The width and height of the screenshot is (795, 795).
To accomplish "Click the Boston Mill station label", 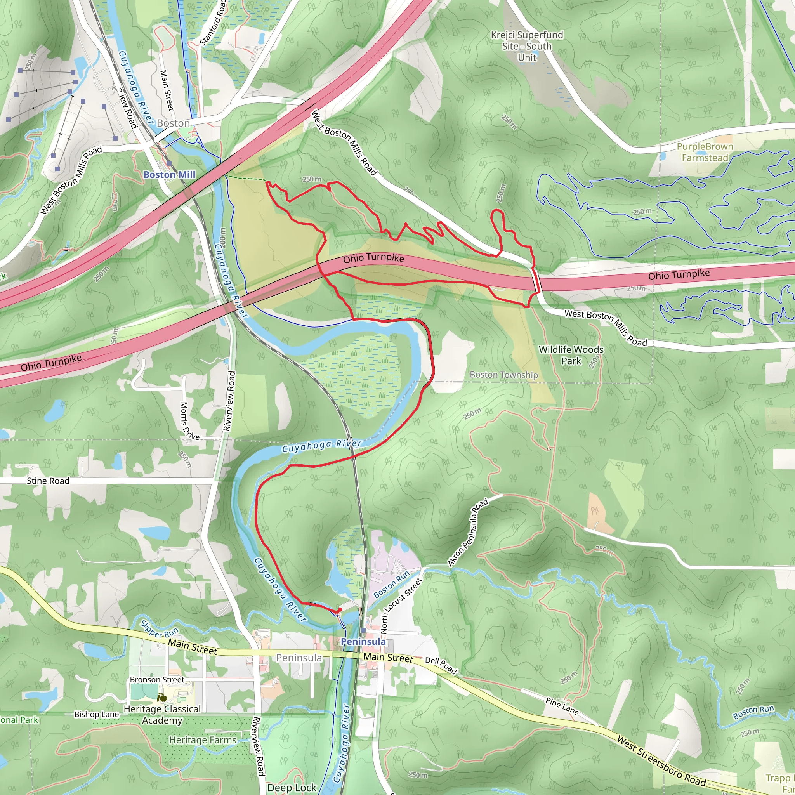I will [x=169, y=174].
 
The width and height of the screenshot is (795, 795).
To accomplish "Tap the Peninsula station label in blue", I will [x=363, y=642].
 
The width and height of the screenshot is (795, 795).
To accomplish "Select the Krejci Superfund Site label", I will [x=527, y=46].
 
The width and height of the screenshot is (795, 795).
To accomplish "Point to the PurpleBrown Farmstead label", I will [x=705, y=152].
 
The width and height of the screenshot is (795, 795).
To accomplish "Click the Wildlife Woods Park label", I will [x=571, y=355].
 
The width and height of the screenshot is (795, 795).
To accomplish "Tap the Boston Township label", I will [x=503, y=375].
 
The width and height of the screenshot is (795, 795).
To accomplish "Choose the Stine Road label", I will [x=48, y=481].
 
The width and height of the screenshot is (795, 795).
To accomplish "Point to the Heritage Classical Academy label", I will [x=162, y=714].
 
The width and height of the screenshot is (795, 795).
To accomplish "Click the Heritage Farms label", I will [x=203, y=740].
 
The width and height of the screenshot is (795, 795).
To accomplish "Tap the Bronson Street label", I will [x=157, y=679].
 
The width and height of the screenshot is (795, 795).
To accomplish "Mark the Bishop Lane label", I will [x=96, y=714].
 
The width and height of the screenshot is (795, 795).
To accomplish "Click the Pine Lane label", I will [x=562, y=706].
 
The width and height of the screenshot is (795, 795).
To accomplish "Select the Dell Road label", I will [x=441, y=665].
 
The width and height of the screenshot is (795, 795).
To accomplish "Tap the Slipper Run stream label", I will [x=159, y=628].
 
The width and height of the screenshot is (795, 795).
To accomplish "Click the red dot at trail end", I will [x=340, y=609].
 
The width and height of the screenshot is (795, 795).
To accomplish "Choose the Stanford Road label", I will [x=213, y=23].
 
